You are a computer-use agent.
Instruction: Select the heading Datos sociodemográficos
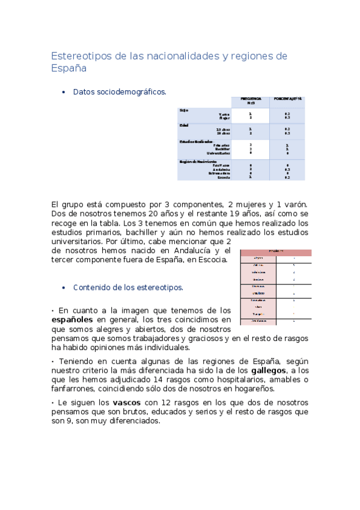coord(120,92)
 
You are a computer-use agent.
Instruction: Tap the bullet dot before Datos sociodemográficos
coord(63,92)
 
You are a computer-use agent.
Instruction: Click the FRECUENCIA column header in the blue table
coord(251,100)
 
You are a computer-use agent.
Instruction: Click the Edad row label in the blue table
coord(183,125)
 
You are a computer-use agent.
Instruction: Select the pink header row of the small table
coord(276,252)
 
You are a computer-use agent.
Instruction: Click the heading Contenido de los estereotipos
coord(128,287)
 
